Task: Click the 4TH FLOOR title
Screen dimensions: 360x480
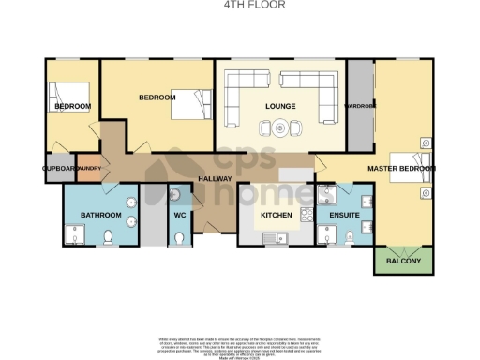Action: [x=241, y=5]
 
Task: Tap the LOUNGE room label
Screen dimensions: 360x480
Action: [x=280, y=106]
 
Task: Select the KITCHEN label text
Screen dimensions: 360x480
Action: [x=277, y=216]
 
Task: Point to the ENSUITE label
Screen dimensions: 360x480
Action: [x=338, y=216]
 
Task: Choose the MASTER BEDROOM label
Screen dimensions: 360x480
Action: [x=401, y=169]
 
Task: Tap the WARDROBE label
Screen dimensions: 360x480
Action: [x=360, y=106]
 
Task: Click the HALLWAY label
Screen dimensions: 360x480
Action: [x=215, y=178]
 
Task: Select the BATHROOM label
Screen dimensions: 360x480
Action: [x=100, y=215]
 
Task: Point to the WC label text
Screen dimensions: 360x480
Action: [x=179, y=215]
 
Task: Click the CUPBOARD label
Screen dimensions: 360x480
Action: [x=59, y=169]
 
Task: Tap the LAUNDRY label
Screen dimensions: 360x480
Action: [x=90, y=169]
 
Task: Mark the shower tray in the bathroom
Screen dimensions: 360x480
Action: [x=74, y=234]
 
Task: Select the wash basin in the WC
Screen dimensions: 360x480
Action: [x=176, y=195]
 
